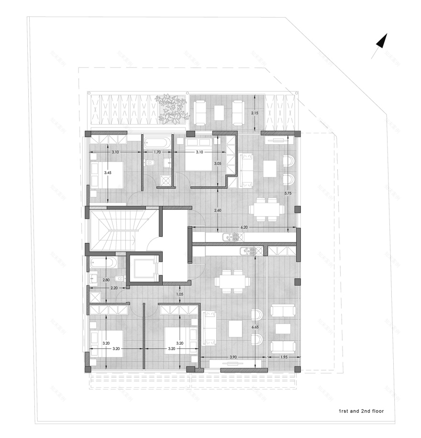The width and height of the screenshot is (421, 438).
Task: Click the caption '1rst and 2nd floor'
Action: coord(361,411)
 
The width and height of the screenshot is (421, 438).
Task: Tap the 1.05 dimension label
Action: coord(180,294)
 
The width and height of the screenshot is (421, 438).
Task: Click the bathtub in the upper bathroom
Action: coord(156,142)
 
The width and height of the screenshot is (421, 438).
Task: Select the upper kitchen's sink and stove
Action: coord(231,237)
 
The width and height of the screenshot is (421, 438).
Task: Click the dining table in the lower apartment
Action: coord(231,280)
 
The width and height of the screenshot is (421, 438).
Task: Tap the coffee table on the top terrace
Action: coord(220,113)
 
